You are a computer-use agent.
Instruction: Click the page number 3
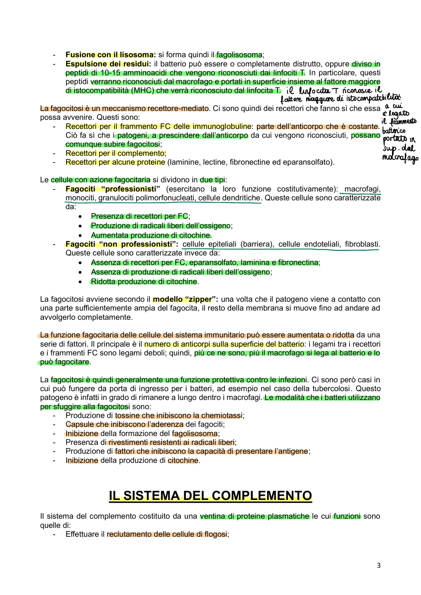[379, 566]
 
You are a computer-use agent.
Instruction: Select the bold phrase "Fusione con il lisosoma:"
[111, 55]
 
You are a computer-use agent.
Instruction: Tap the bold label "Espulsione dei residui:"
[108, 64]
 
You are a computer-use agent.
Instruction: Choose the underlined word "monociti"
[80, 198]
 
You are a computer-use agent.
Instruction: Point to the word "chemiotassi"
[222, 416]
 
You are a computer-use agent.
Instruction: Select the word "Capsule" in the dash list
[77, 424]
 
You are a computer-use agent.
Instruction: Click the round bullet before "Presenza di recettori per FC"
[81, 216]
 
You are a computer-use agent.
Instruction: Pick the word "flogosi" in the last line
[216, 534]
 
